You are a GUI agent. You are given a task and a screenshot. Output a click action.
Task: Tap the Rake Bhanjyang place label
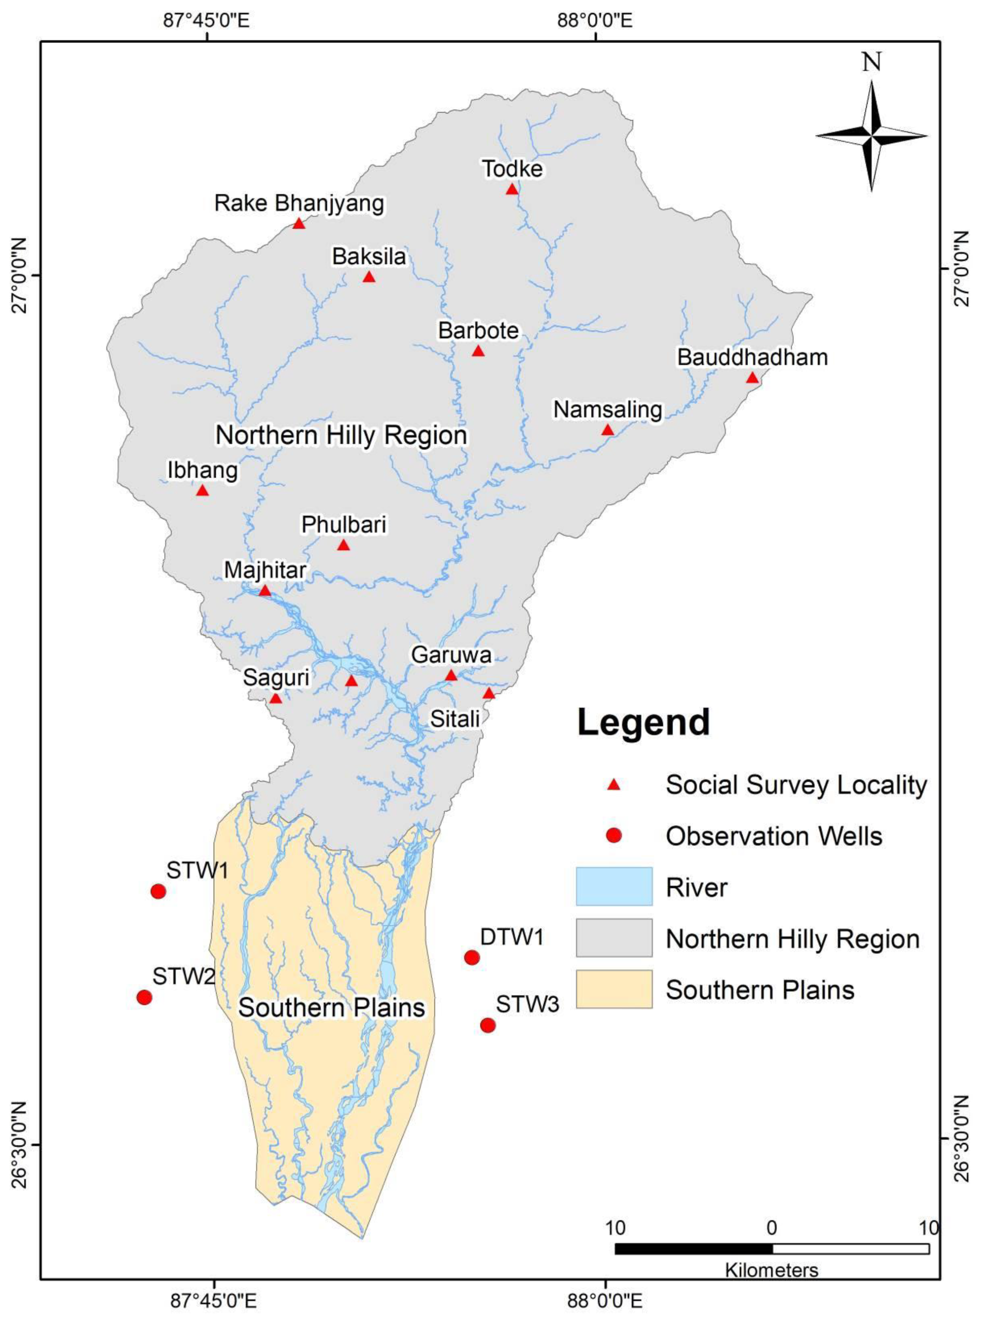point(299,203)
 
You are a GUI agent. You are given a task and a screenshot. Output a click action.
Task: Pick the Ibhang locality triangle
point(202,491)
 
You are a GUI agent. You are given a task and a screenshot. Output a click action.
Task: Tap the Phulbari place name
point(344,525)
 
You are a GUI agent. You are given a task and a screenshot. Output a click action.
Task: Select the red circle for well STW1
point(157,891)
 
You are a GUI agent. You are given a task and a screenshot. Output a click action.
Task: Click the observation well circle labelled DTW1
point(471,957)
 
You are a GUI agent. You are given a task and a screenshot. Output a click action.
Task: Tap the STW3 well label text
point(527,1004)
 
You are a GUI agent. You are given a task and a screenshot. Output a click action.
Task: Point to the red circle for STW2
point(144,997)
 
